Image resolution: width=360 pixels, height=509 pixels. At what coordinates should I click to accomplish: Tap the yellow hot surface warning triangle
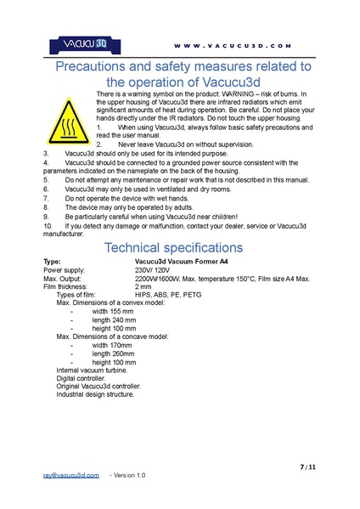point(67,121)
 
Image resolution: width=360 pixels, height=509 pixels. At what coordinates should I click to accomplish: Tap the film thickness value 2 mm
point(143,286)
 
